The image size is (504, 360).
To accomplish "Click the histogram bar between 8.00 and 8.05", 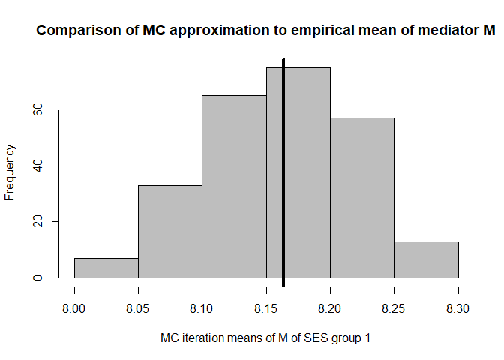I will coord(106,268).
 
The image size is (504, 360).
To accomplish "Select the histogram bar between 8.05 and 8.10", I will coord(169,232).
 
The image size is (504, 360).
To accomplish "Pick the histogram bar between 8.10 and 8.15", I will coord(234,187).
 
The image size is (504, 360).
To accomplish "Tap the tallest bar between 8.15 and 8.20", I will coord(307,172).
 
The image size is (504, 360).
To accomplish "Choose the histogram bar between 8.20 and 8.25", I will coord(361,198).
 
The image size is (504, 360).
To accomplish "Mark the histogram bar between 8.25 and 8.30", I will coord(425,260).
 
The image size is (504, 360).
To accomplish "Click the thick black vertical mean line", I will coord(283,172).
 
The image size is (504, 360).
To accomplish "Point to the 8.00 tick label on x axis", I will coord(74,307).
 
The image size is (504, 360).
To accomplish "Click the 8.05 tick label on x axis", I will coord(138,307).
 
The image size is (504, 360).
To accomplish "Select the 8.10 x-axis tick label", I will coord(202,307).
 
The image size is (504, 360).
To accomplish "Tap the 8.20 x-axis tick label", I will coord(330,307).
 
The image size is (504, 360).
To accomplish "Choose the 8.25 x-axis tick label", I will coord(394,307).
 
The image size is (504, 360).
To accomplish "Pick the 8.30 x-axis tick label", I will coord(457,307).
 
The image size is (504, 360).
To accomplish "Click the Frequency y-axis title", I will coord(10,172).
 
